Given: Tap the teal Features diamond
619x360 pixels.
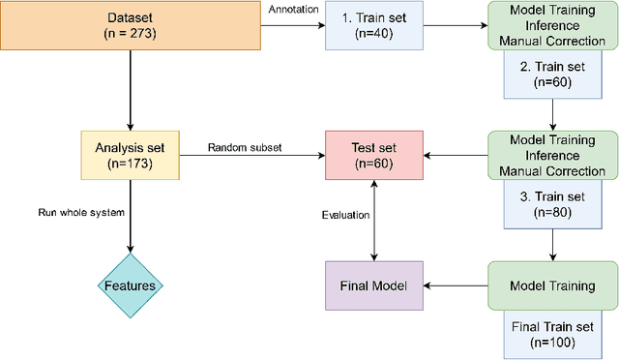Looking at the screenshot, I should [129, 285].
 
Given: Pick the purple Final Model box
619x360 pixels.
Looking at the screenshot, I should [372, 285].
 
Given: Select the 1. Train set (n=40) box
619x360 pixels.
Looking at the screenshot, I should [372, 27].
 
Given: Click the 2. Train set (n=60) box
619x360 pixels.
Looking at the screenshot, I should [551, 75].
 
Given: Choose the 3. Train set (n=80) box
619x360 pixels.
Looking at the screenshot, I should [551, 203].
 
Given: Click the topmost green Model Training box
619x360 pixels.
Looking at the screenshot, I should [551, 27].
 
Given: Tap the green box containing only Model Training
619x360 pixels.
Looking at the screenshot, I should [551, 285].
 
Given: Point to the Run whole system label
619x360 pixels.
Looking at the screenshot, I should [80, 213].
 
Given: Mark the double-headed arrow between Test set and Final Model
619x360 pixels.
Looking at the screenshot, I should [372, 221].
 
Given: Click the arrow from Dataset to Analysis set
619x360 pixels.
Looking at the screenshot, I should [129, 92].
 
